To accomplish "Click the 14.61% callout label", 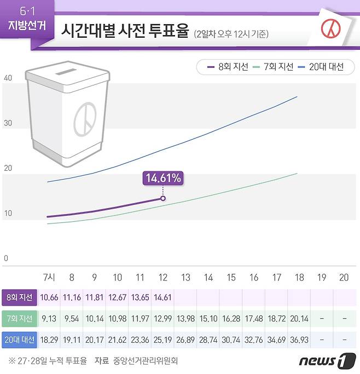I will pyautogui.click(x=162, y=178).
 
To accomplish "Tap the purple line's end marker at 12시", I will pyautogui.click(x=162, y=198).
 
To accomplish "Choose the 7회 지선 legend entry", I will pyautogui.click(x=273, y=67).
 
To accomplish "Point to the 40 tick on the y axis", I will pyautogui.click(x=8, y=78).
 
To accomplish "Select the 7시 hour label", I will pyautogui.click(x=49, y=278).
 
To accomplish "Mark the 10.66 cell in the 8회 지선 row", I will pyautogui.click(x=49, y=298).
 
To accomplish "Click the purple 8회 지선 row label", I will pyautogui.click(x=19, y=298).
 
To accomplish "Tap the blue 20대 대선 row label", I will pyautogui.click(x=19, y=340).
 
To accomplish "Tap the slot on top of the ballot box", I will pyautogui.click(x=66, y=72).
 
